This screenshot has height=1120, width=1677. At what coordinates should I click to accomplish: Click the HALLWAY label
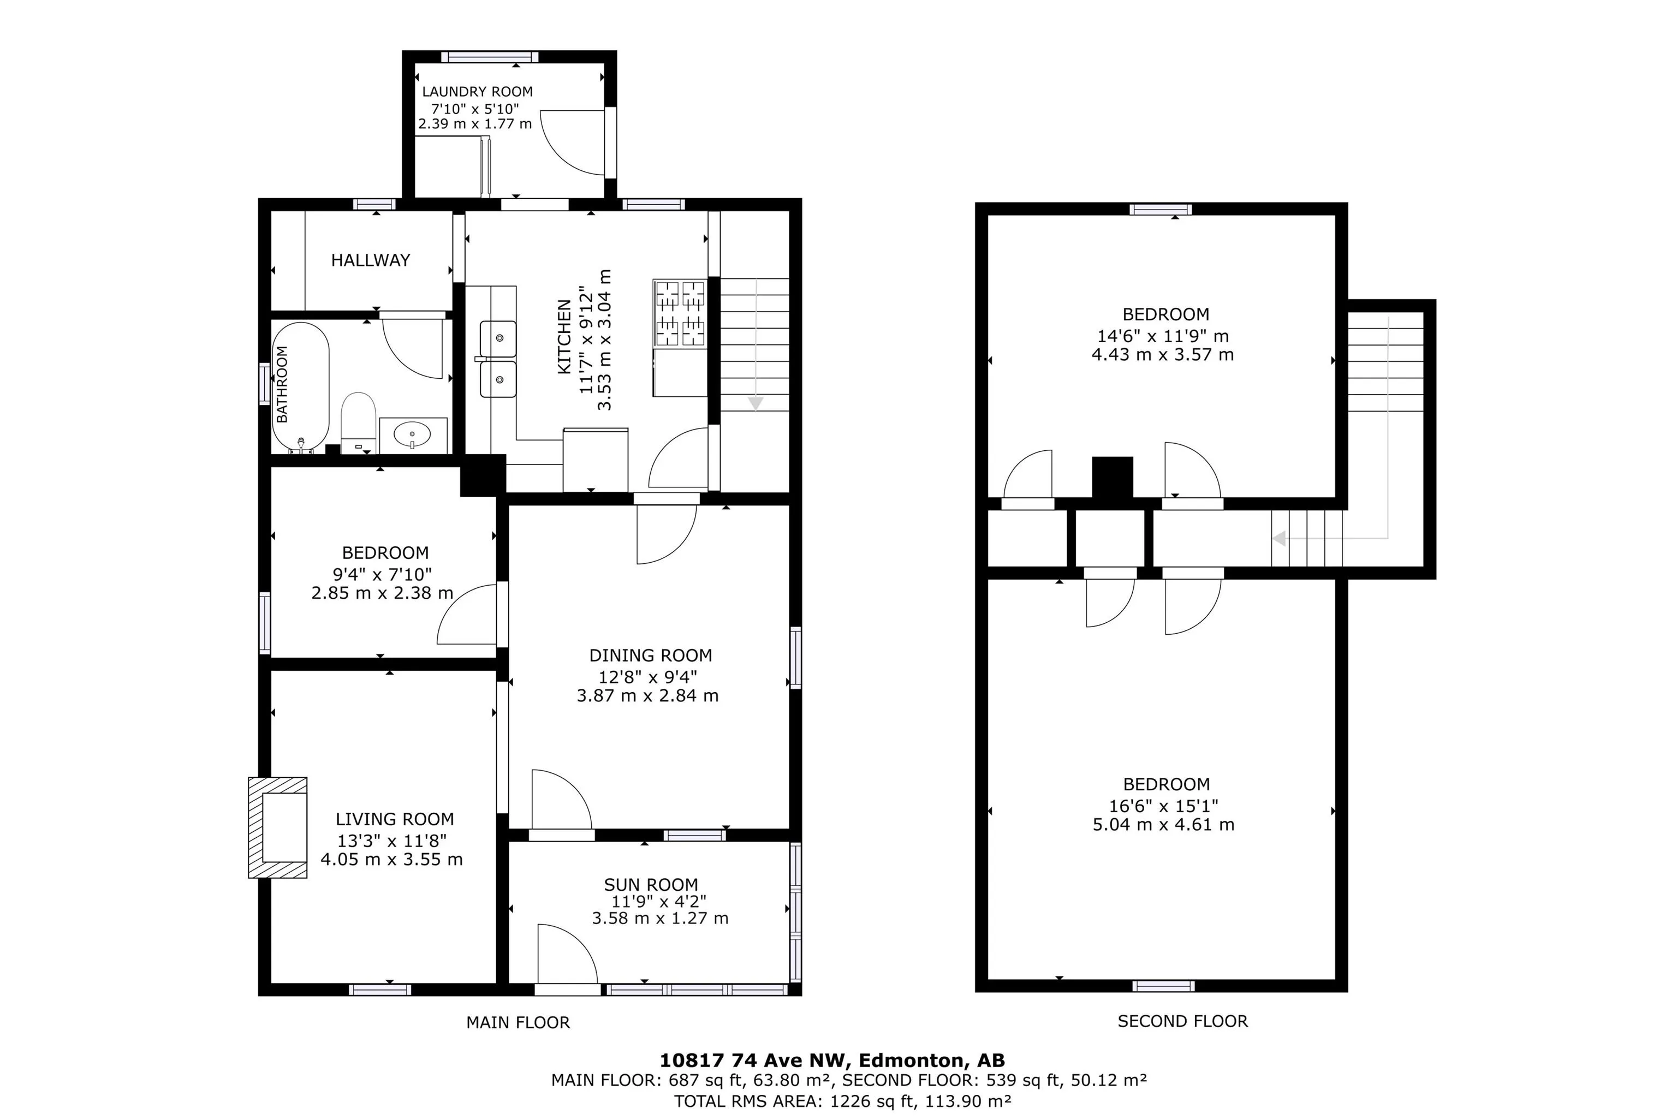click(x=371, y=260)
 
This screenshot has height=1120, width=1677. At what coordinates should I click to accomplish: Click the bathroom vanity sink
click(x=413, y=435)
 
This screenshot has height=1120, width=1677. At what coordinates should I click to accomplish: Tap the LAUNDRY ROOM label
click(x=477, y=92)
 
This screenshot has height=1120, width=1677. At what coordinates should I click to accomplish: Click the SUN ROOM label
click(x=651, y=885)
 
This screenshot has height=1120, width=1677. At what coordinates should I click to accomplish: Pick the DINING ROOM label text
click(x=651, y=656)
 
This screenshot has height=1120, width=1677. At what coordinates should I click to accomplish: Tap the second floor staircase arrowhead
click(x=1279, y=539)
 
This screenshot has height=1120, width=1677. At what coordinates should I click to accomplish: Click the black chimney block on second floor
click(x=1113, y=477)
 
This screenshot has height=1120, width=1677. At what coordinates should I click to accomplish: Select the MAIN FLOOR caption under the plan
click(x=518, y=1023)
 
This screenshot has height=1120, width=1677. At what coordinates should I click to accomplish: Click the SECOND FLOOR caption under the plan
click(x=1183, y=1021)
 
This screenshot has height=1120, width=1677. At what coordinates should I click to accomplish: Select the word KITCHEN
click(x=564, y=336)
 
